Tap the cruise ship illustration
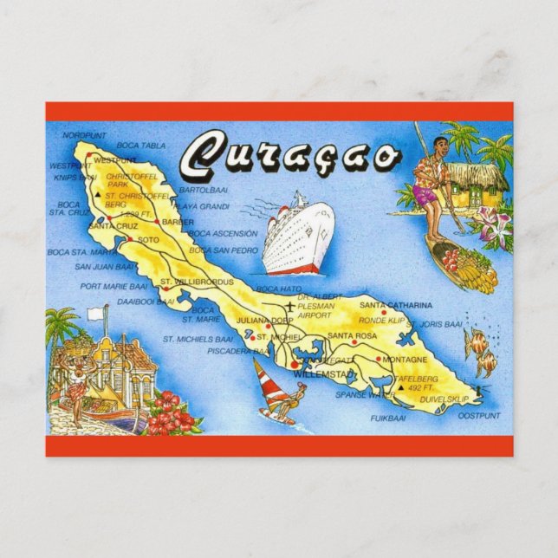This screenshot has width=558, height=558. tap(297, 237)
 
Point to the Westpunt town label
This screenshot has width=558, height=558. tap(114, 160)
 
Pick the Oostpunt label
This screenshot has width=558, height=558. tap(478, 416)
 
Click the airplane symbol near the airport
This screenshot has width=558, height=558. tap(289, 308)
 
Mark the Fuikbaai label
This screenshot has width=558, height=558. tap(387, 418)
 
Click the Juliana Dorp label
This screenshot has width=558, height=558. tap(256, 318)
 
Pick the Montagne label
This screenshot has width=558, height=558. tap(404, 359)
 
